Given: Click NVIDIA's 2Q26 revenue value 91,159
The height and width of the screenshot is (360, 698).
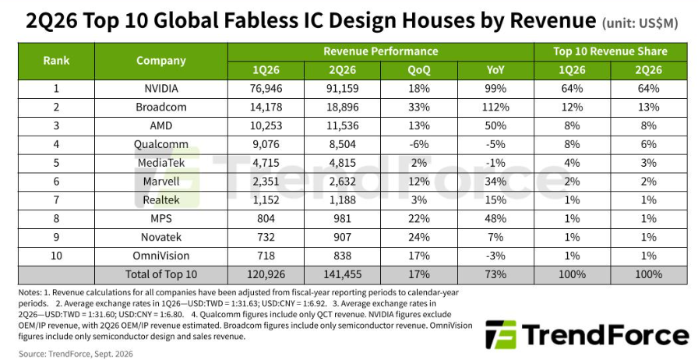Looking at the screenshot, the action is click(342, 89).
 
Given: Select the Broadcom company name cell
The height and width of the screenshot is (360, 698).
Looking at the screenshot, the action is click(160, 108).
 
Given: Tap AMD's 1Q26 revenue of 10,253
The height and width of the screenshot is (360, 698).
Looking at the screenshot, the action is click(266, 126).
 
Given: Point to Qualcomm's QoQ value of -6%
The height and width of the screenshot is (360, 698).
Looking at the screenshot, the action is click(419, 144).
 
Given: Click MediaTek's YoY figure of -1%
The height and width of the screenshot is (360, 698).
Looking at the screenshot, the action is click(495, 163).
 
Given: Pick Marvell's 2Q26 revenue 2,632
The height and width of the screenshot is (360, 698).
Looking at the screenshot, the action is click(342, 182).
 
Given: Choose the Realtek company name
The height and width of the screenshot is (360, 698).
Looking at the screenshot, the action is click(160, 200).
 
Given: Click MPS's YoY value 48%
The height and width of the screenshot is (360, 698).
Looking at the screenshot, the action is click(495, 219).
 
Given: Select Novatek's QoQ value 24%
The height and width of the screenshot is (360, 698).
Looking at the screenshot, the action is click(419, 238).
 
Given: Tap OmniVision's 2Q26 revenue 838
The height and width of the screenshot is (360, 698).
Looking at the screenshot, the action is click(342, 256).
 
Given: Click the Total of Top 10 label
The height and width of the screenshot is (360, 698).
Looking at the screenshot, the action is click(160, 274).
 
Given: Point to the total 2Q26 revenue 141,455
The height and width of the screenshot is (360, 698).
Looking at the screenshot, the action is click(342, 274).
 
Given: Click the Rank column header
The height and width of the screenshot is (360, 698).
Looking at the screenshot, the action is click(56, 61).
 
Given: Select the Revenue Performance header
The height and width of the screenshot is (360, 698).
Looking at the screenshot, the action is click(381, 51).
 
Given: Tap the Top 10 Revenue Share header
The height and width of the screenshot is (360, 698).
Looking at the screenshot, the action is click(610, 51).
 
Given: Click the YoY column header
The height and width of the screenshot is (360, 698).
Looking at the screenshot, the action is click(495, 70).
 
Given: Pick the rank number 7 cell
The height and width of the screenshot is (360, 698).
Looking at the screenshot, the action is click(56, 200).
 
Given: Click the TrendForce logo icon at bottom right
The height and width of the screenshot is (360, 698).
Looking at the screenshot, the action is click(501, 335).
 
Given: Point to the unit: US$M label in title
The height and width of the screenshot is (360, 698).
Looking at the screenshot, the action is click(640, 23).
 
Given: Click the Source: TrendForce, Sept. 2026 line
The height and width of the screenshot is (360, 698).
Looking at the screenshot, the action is click(76, 355).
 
